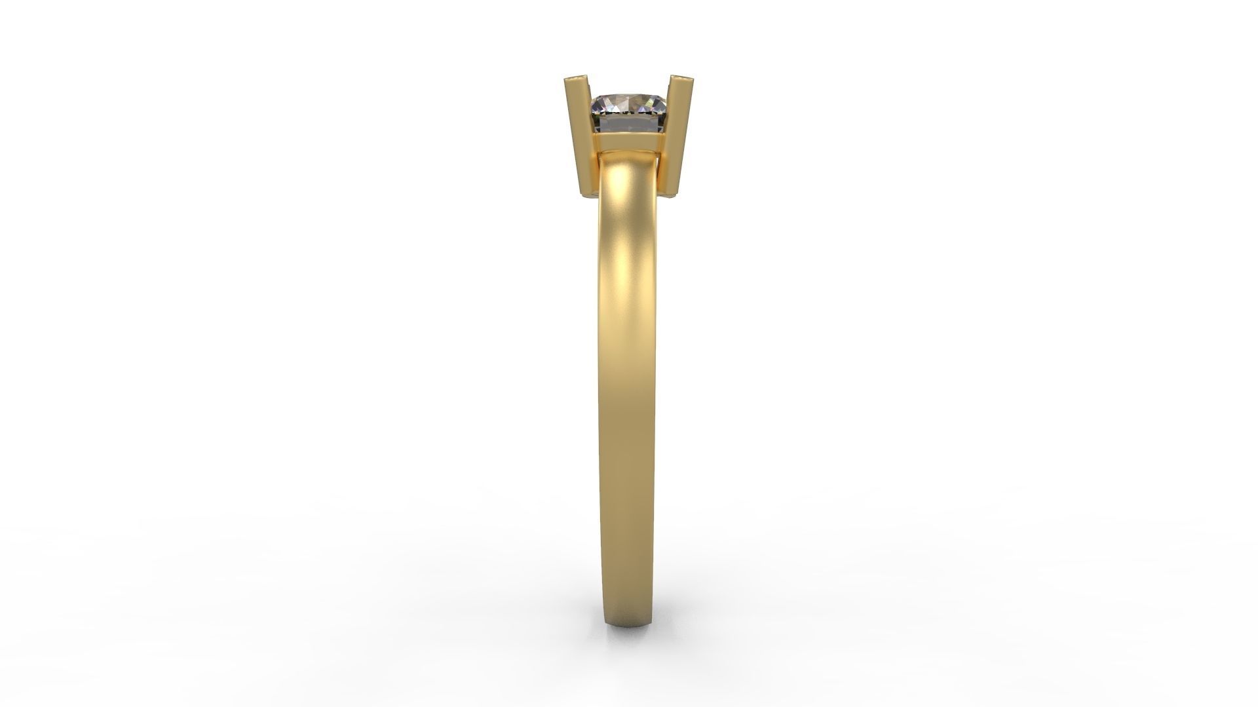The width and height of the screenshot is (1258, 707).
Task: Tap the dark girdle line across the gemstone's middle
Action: pyautogui.click(x=629, y=117)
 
